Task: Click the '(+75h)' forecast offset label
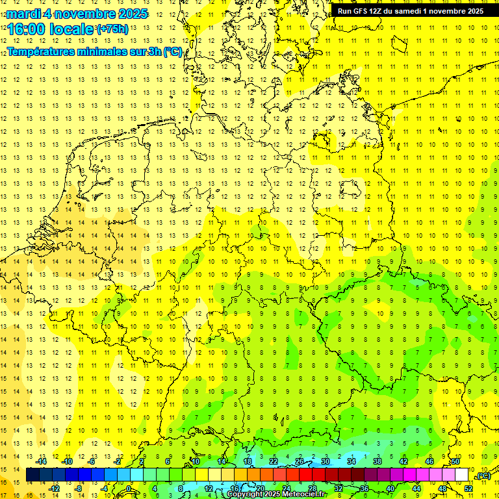pos(112,29)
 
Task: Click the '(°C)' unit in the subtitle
pos(172,51)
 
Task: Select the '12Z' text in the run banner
pos(383,11)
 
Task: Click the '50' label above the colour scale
pos(455,461)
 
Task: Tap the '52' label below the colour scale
pos(468,489)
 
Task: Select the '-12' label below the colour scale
pos(55,489)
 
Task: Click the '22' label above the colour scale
pos(274,461)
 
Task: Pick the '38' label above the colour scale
pos(377,461)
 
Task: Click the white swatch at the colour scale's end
pos(462,475)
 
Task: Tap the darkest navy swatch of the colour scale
pos(32,475)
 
